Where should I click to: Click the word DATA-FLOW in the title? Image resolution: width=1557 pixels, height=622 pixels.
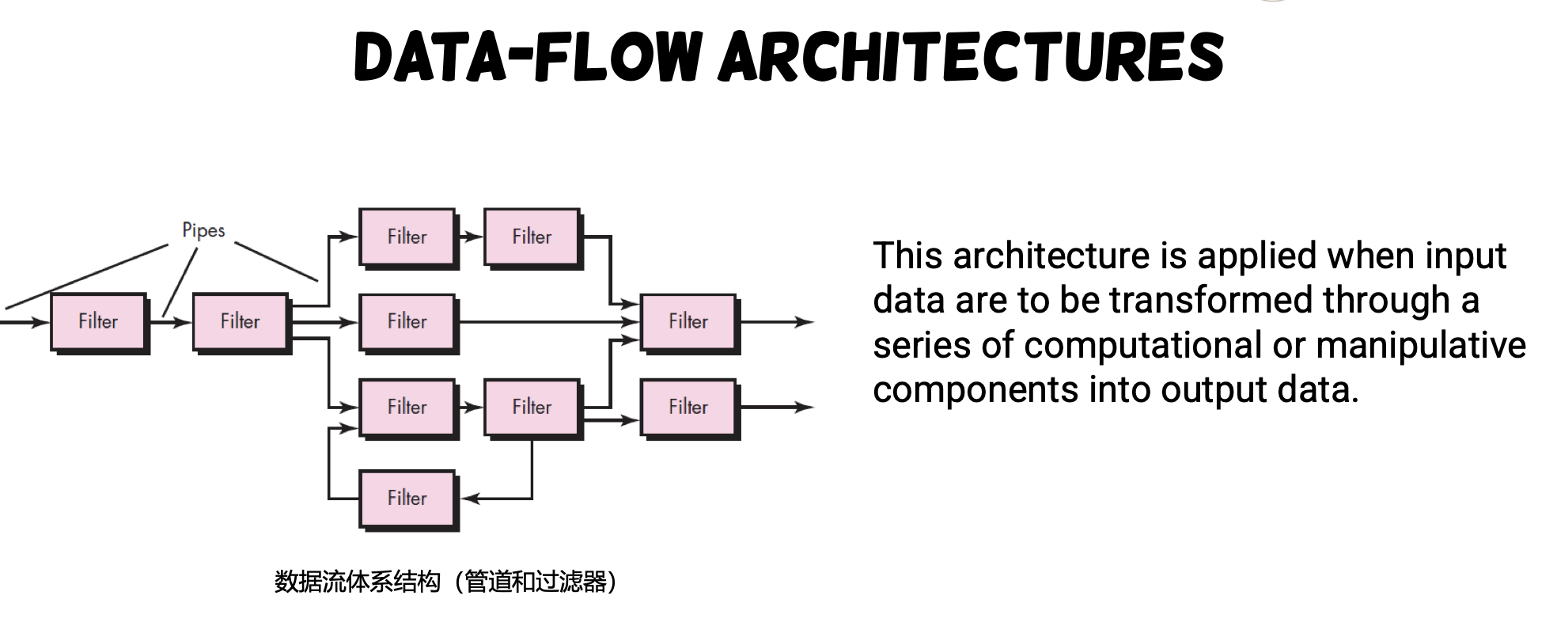point(528,57)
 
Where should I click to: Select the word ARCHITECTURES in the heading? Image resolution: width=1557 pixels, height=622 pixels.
point(972,57)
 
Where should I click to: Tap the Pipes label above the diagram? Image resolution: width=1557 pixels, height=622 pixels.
point(203,230)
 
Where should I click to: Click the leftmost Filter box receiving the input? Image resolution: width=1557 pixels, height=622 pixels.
point(100,323)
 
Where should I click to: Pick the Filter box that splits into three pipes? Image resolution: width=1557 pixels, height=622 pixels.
point(242,323)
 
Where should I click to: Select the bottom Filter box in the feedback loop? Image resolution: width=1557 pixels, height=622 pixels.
point(409,500)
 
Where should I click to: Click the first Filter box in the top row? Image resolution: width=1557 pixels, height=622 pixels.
point(409,238)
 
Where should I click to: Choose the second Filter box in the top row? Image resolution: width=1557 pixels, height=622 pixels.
point(533,238)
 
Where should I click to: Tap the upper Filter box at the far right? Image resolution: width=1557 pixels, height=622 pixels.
point(690,323)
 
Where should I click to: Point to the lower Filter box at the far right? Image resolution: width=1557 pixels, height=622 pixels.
point(690,408)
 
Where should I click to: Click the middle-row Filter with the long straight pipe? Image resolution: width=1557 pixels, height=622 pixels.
point(409,323)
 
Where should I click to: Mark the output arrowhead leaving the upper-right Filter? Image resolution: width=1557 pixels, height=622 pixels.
point(805,322)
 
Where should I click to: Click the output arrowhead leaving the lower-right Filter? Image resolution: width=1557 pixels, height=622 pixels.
point(805,407)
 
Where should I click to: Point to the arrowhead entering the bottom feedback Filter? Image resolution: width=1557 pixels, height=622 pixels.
point(470,499)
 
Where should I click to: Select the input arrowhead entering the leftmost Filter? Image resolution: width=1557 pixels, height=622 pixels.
point(40,322)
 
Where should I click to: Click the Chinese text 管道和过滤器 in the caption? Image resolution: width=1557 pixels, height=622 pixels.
point(536,582)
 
